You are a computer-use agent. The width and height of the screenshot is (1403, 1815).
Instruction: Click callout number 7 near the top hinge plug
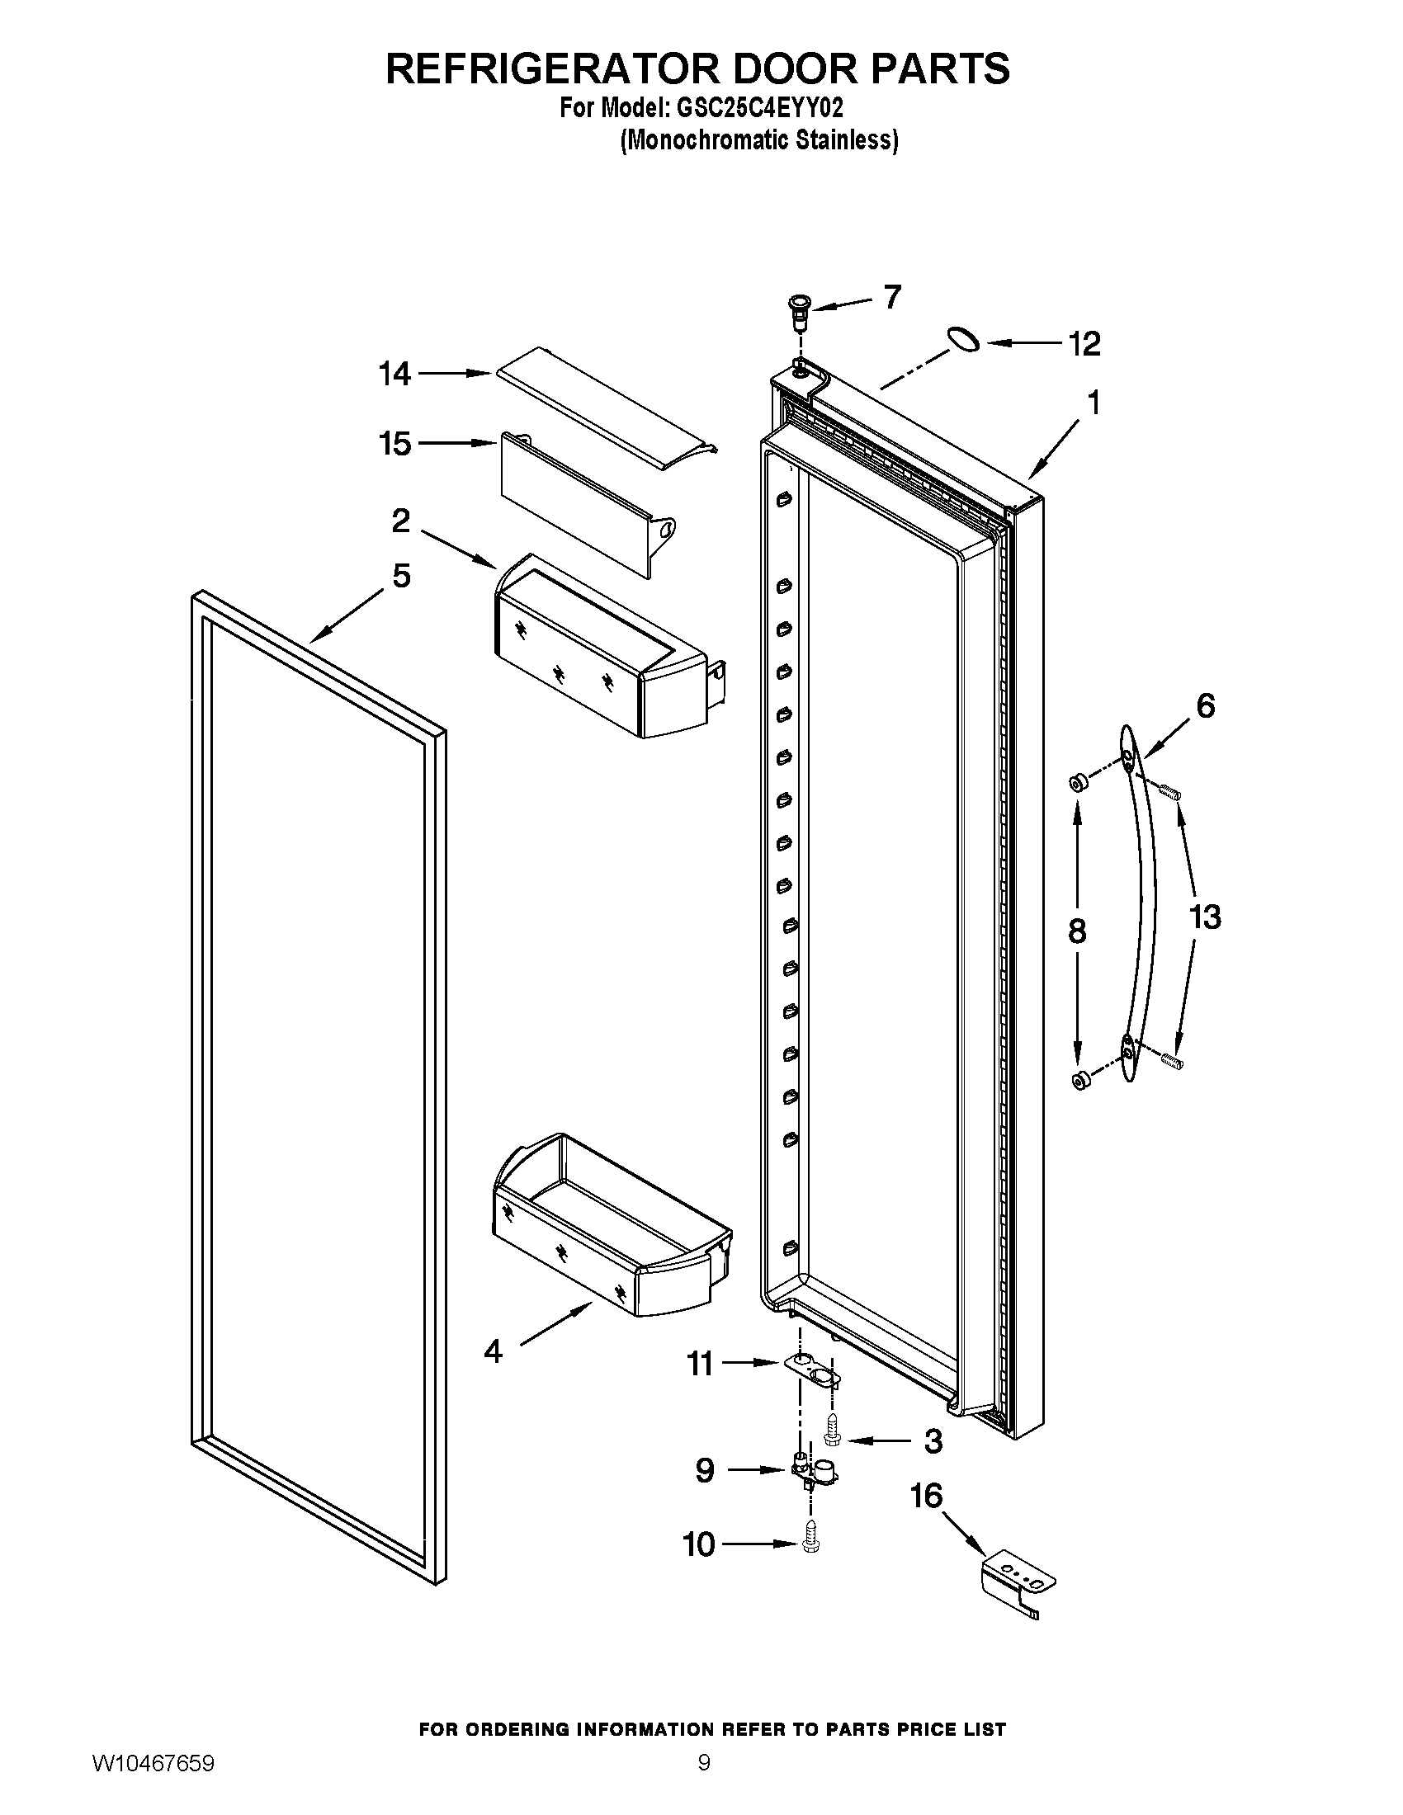coord(892,297)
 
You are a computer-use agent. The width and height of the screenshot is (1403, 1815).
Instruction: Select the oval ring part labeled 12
coord(962,340)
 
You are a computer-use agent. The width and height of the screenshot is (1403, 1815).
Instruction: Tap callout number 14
coord(394,374)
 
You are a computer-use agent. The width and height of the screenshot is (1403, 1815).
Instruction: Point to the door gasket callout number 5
coord(401,575)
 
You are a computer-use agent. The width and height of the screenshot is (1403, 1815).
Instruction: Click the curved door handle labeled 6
coord(1140,906)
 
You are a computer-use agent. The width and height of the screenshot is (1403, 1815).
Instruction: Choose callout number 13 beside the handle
coord(1205,917)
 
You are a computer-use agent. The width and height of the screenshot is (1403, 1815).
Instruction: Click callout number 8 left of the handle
coord(1077,931)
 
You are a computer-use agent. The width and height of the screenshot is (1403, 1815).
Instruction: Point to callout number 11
coord(700,1364)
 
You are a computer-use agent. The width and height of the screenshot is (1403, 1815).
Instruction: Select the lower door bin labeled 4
coord(607,1247)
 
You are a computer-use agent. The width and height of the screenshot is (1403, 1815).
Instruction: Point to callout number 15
coord(394,444)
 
